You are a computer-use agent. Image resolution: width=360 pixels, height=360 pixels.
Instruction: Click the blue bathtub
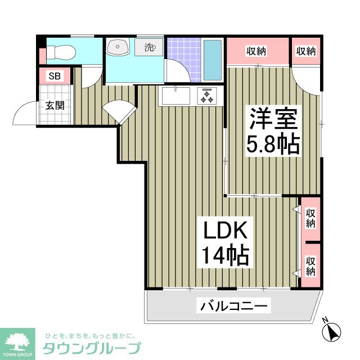click(x=211, y=59)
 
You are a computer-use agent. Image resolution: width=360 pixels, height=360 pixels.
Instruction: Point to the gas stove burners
click(x=206, y=97)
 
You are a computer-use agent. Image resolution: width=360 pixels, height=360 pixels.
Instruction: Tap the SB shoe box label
click(x=55, y=76)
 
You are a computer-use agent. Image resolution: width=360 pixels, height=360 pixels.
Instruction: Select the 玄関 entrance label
click(x=55, y=105)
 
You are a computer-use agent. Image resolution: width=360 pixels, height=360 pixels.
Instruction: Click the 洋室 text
click(x=273, y=120)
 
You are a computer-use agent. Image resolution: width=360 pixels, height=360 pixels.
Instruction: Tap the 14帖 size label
click(x=225, y=256)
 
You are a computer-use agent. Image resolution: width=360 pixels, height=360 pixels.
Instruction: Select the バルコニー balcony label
click(x=235, y=307)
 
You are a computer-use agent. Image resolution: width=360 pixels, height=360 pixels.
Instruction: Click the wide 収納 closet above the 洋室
click(x=256, y=51)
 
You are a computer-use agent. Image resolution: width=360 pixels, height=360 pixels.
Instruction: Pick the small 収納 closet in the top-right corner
click(x=306, y=51)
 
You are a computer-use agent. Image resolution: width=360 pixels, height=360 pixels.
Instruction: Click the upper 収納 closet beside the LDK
click(x=310, y=218)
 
